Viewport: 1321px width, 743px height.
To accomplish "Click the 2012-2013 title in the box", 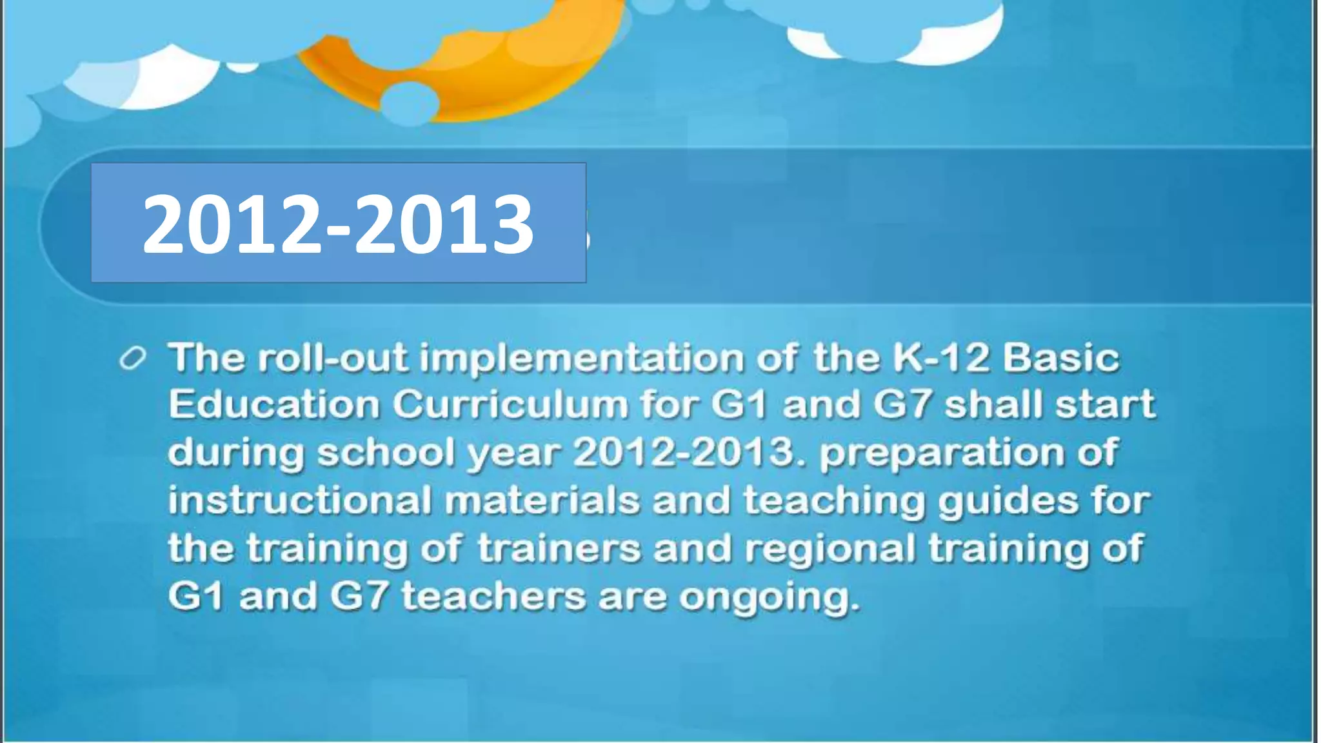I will (338, 224).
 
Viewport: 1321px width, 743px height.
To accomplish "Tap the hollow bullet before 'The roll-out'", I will (133, 359).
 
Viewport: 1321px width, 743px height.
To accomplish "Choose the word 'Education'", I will (273, 405).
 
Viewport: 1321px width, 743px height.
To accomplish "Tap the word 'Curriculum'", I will (510, 405).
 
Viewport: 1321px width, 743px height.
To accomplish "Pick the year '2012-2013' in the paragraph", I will (684, 451).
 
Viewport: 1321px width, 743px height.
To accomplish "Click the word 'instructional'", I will (299, 500).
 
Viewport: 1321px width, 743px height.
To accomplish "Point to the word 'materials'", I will (542, 500).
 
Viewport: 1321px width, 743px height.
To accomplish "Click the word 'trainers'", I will (559, 548).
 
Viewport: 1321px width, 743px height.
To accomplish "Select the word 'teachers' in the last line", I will (493, 596).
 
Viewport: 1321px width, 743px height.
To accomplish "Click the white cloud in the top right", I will (903, 32).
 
